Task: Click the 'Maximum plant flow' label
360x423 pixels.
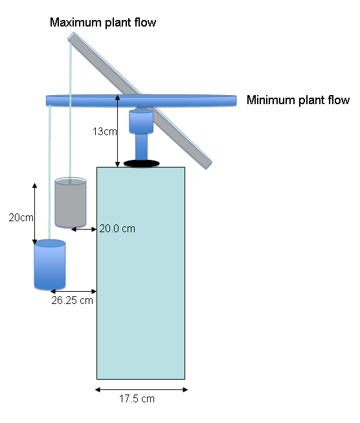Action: (x=103, y=23)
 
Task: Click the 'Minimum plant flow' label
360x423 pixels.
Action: (x=298, y=100)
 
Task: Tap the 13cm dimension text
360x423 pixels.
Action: (x=104, y=132)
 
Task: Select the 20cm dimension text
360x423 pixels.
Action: (x=21, y=217)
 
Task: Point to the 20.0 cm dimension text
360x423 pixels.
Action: (x=117, y=229)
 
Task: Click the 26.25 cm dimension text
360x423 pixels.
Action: (x=72, y=300)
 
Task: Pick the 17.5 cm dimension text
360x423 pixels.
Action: (x=137, y=398)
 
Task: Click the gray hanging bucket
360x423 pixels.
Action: (x=71, y=202)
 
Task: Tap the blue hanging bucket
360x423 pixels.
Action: (x=50, y=265)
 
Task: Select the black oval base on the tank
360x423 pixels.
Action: (x=142, y=163)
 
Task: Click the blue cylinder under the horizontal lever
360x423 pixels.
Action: (x=141, y=122)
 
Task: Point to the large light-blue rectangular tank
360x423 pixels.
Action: (x=141, y=273)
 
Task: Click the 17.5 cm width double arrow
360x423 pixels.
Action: (x=141, y=389)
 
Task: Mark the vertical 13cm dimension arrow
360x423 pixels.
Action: (x=117, y=131)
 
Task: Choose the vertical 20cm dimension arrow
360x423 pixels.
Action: (x=34, y=213)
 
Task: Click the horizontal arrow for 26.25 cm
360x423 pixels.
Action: (x=73, y=291)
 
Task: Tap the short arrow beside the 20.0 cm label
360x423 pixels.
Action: (x=84, y=230)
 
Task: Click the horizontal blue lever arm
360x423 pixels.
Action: (x=141, y=100)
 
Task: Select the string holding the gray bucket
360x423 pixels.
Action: (x=71, y=113)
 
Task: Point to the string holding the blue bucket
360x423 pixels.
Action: (x=49, y=172)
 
